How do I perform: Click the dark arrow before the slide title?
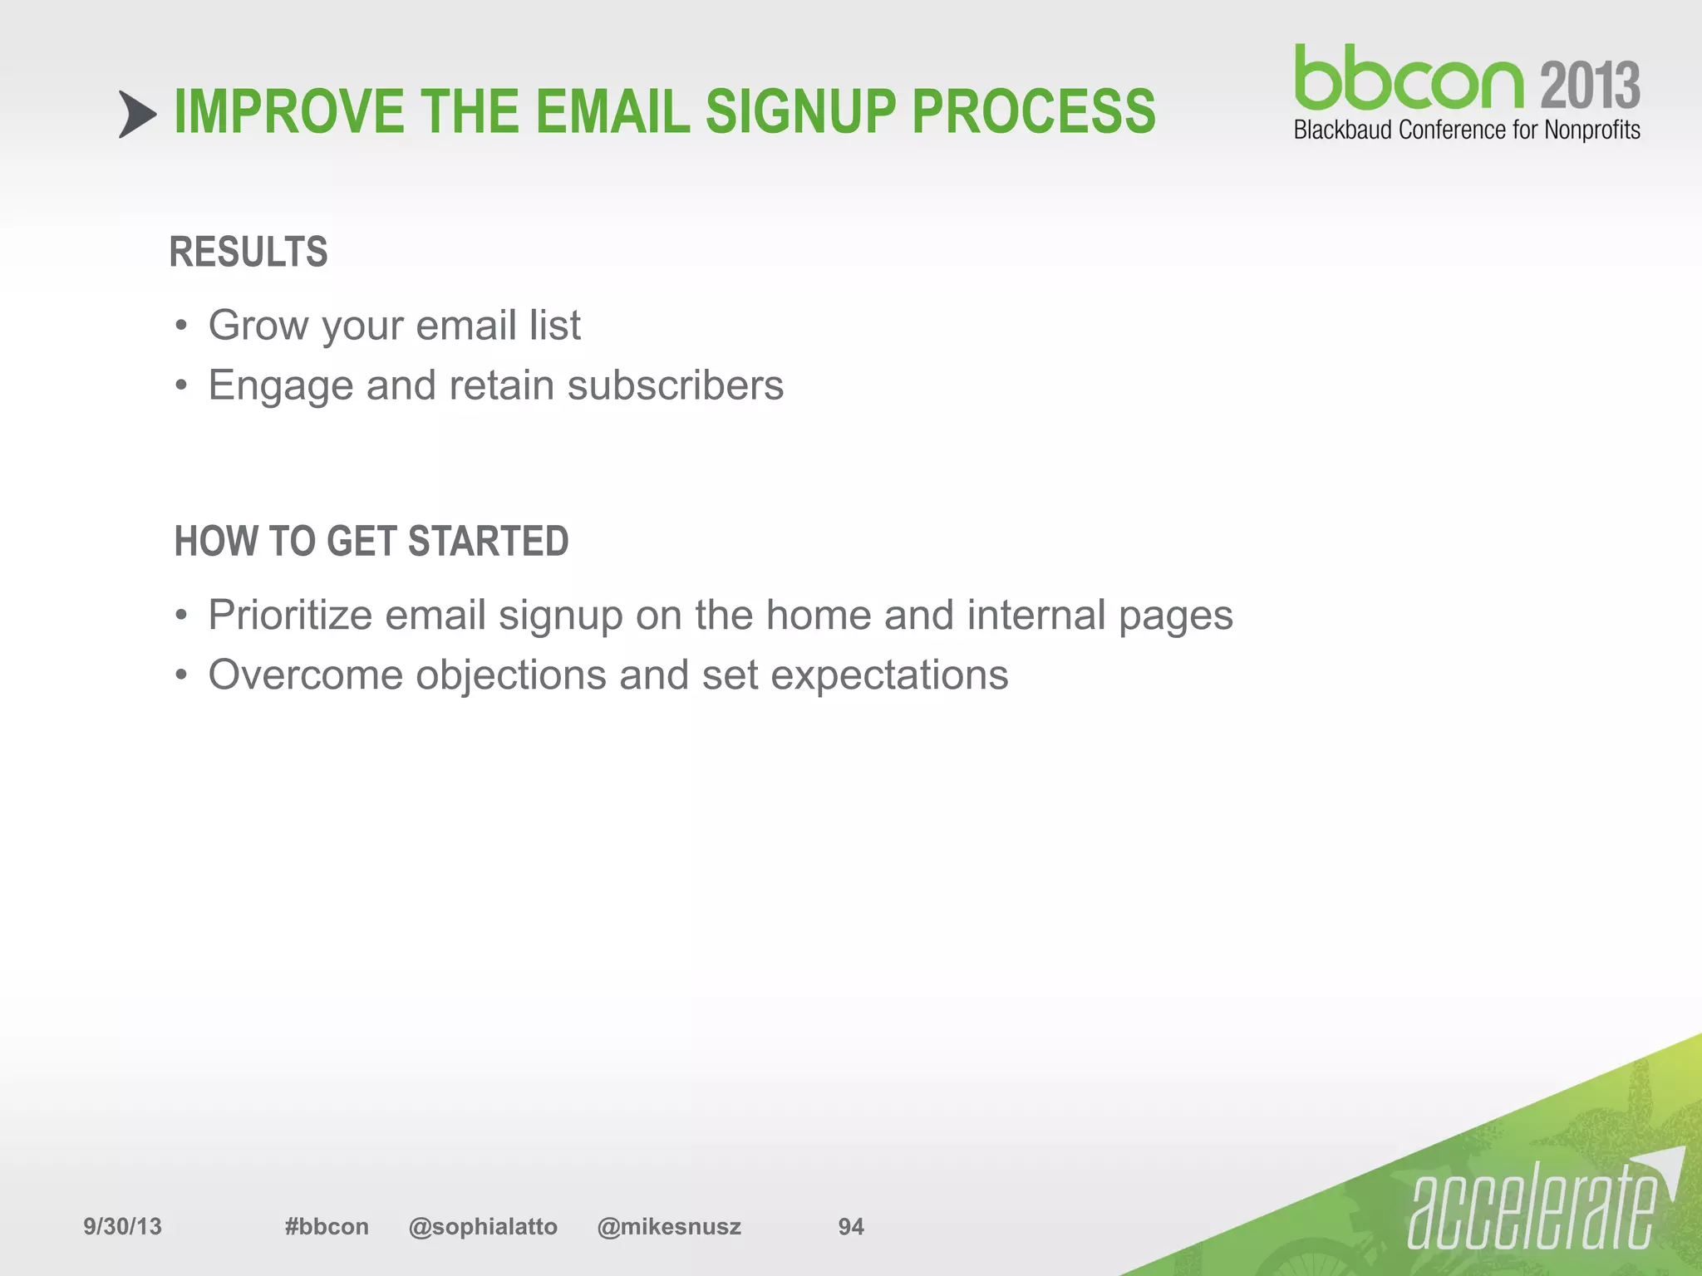(x=136, y=114)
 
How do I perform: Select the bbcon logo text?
(x=1409, y=79)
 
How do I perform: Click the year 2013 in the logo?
(x=1590, y=86)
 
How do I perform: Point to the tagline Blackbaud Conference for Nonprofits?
(x=1467, y=130)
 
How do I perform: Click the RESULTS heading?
(x=248, y=252)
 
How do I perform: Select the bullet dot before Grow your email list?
(x=181, y=326)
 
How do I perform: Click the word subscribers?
(x=675, y=385)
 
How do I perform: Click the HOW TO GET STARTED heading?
(x=371, y=542)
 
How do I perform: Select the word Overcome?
(x=305, y=675)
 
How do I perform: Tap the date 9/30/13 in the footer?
(x=122, y=1226)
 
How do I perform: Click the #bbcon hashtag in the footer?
(x=327, y=1226)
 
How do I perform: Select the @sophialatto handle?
(x=483, y=1226)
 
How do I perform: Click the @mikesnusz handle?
(x=669, y=1226)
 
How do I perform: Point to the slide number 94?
(x=851, y=1226)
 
